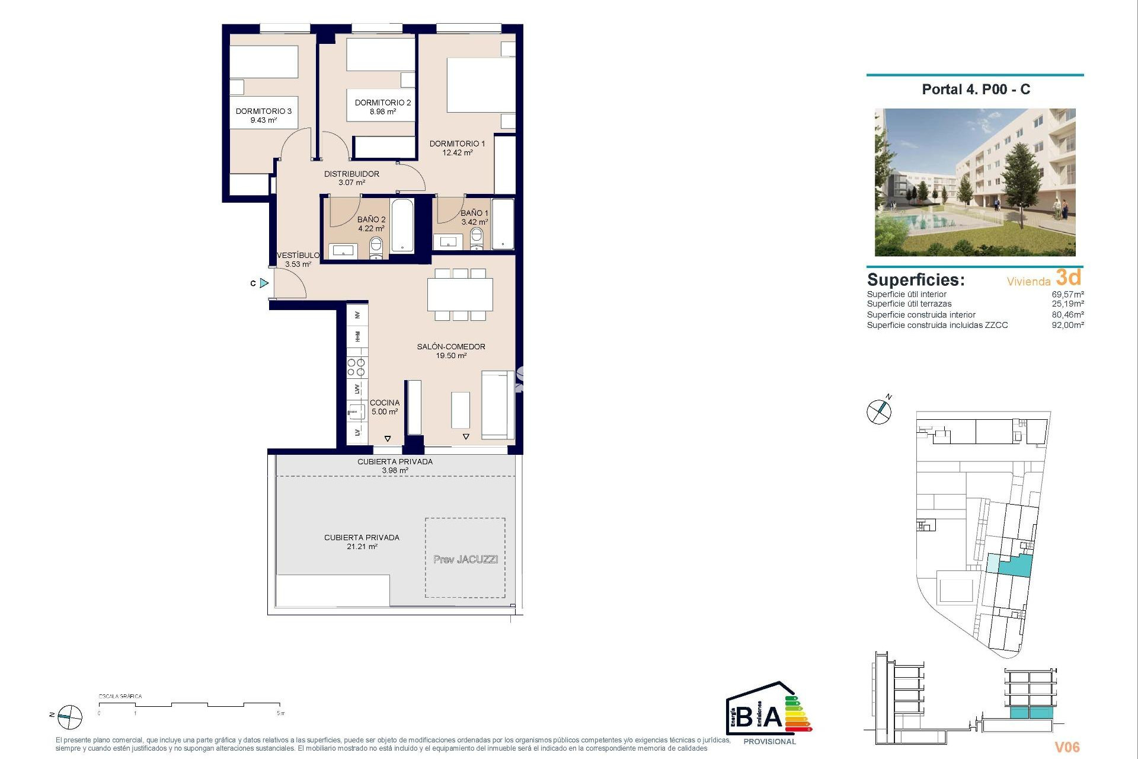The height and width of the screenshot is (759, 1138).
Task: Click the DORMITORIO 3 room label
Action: (x=263, y=111)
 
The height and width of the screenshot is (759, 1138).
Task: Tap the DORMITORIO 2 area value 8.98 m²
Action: (x=382, y=111)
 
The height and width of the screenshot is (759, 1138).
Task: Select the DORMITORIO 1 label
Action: (x=457, y=143)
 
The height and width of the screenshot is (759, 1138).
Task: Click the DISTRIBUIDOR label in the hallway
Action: (x=351, y=174)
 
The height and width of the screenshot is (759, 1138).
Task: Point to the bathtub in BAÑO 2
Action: (x=402, y=225)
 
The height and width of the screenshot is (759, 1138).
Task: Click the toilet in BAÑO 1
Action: (x=477, y=238)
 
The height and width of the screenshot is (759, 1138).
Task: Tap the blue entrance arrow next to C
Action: (x=264, y=283)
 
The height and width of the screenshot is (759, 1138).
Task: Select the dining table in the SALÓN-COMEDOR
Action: (x=460, y=294)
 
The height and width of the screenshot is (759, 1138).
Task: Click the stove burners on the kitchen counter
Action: (x=357, y=368)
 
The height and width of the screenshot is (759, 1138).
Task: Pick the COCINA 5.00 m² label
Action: (x=385, y=407)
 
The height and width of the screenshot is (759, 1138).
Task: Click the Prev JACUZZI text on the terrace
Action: (x=465, y=559)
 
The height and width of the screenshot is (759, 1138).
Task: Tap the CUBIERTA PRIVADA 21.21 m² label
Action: (x=362, y=542)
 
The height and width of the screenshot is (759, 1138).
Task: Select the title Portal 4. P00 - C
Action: (x=976, y=90)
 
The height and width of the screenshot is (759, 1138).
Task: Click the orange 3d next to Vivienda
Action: (x=1068, y=277)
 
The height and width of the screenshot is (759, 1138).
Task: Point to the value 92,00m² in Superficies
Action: (x=1067, y=325)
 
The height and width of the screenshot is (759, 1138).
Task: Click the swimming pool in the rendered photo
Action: (x=925, y=222)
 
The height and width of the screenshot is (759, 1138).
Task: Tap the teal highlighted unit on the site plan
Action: (x=1015, y=566)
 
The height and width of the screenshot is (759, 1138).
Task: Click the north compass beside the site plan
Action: (x=879, y=411)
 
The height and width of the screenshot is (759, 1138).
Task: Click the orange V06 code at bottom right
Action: (x=1067, y=747)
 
